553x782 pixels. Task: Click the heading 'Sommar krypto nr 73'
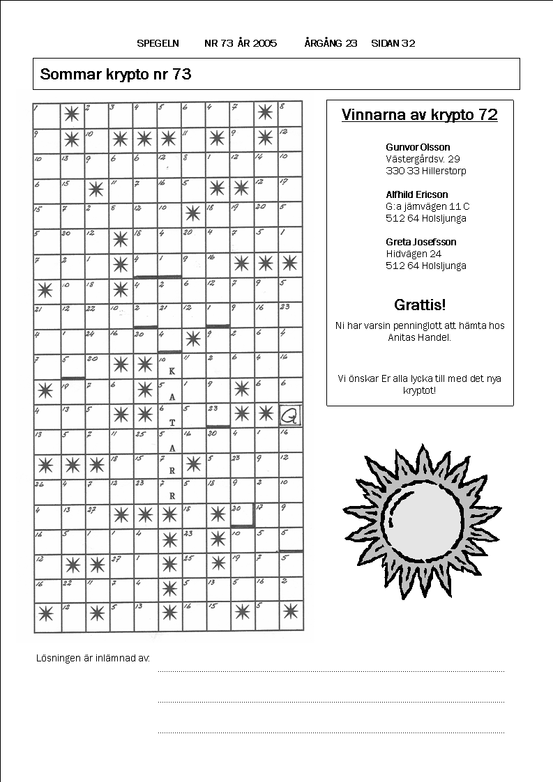(116, 75)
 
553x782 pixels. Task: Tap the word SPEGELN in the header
(158, 43)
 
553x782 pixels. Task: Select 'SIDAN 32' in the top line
(393, 43)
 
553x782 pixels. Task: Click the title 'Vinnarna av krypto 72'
(420, 116)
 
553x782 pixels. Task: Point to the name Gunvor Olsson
(418, 147)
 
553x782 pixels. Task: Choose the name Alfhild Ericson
(417, 194)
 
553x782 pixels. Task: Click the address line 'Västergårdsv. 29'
(423, 159)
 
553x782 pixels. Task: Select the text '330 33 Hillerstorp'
(426, 171)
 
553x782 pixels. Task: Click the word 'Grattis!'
(420, 305)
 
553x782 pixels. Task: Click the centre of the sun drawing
(424, 521)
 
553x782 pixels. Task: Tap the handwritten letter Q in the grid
(289, 416)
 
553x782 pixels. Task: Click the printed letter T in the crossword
(172, 422)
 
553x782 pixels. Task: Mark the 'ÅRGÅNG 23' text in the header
(331, 43)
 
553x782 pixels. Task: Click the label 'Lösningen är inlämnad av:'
(93, 658)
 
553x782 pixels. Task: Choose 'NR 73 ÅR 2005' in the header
(241, 43)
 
